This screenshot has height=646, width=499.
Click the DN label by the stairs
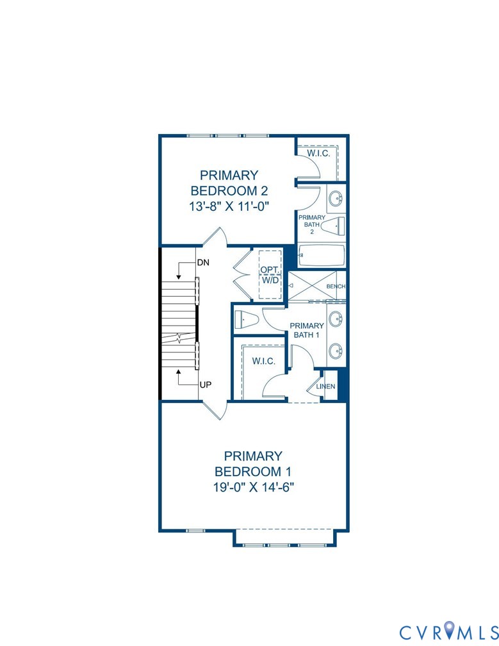pyautogui.click(x=203, y=263)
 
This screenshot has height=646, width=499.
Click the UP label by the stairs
pyautogui.click(x=206, y=385)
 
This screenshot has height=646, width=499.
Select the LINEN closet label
pyautogui.click(x=325, y=386)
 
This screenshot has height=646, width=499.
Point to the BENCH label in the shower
pyautogui.click(x=336, y=286)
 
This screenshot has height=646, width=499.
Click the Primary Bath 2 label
pyautogui.click(x=312, y=224)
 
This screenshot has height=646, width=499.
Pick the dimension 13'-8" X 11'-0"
pyautogui.click(x=229, y=206)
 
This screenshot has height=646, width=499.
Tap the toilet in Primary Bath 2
pyautogui.click(x=332, y=226)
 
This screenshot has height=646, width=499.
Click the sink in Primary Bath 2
pyautogui.click(x=336, y=199)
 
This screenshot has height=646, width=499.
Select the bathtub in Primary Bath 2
pyautogui.click(x=322, y=255)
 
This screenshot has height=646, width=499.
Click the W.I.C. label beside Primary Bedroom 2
pyautogui.click(x=318, y=154)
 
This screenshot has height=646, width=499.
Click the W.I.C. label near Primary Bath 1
pyautogui.click(x=263, y=361)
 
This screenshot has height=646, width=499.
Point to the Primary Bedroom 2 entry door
pyautogui.click(x=214, y=238)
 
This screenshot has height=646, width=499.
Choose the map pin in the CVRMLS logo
pyautogui.click(x=453, y=631)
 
